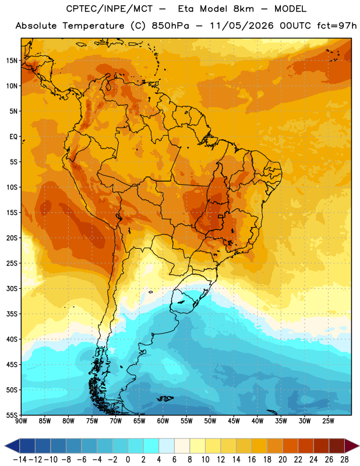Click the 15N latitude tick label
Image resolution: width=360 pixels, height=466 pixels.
[12, 61]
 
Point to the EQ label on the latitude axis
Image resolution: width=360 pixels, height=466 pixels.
[13, 137]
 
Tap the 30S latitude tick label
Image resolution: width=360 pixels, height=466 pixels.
[12, 288]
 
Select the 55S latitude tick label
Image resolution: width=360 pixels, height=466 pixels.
[12, 415]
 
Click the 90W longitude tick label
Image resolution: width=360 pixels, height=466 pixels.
[21, 421]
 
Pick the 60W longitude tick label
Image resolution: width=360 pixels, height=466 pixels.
[163, 421]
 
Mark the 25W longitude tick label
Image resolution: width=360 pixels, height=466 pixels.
[328, 421]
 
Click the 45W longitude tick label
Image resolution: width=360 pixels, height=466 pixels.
[234, 421]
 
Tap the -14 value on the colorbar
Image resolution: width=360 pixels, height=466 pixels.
[20, 460]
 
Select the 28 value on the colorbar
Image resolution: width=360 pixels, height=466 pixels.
[344, 460]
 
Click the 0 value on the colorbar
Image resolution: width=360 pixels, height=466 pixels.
[128, 460]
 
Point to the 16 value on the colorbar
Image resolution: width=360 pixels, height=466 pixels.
[252, 460]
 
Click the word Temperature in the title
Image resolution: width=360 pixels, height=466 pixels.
[93, 26]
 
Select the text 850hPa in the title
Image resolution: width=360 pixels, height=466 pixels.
[170, 26]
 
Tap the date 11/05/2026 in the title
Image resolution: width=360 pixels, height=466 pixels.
[242, 26]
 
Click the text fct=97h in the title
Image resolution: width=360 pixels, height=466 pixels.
[337, 26]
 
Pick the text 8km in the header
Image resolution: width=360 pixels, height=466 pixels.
[243, 9]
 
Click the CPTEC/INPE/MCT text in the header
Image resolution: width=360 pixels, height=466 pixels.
[109, 9]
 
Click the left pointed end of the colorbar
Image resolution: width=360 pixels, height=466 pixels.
[5, 446]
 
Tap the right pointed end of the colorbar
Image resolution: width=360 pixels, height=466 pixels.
[359, 446]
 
